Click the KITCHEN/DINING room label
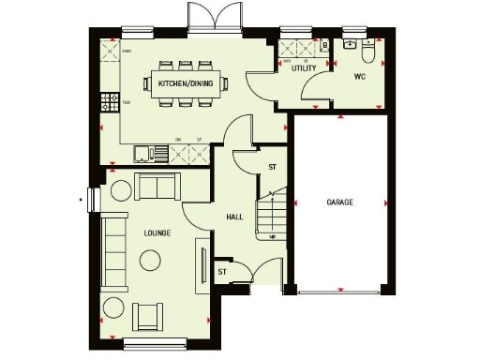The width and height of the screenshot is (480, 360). coord(185,84)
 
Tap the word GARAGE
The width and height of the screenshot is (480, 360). coord(339,202)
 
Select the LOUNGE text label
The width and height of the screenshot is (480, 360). coord(157,232)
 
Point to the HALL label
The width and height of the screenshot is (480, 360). coord(234,217)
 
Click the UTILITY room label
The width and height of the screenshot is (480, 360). coord(303,68)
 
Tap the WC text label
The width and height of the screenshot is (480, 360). coord(359,76)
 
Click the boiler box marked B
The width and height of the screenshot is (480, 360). coord(323,44)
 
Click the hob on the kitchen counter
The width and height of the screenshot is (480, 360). coord(111,100)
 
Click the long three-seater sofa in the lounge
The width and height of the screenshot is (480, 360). coord(114,249)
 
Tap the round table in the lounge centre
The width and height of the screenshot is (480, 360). coord(121,191)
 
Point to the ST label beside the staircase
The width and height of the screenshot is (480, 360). coord(273,167)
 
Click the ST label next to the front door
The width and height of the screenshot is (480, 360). coord(222,272)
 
